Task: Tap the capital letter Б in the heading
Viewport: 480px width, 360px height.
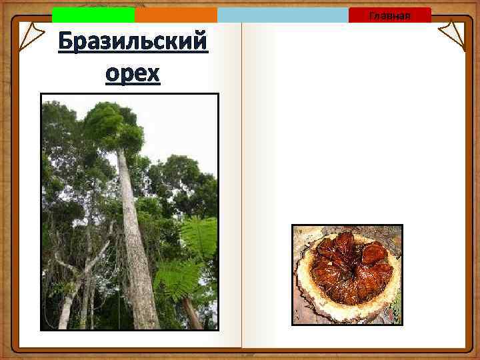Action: [x=66, y=43]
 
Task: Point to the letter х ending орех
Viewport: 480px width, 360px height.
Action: [x=153, y=73]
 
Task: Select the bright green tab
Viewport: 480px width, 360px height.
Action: [x=93, y=15]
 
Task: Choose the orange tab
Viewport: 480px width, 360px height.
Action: [x=175, y=15]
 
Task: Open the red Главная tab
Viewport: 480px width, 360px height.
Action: [x=389, y=15]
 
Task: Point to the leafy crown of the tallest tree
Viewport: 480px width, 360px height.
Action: [x=113, y=127]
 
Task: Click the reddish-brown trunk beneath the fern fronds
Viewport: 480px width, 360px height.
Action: [x=193, y=313]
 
